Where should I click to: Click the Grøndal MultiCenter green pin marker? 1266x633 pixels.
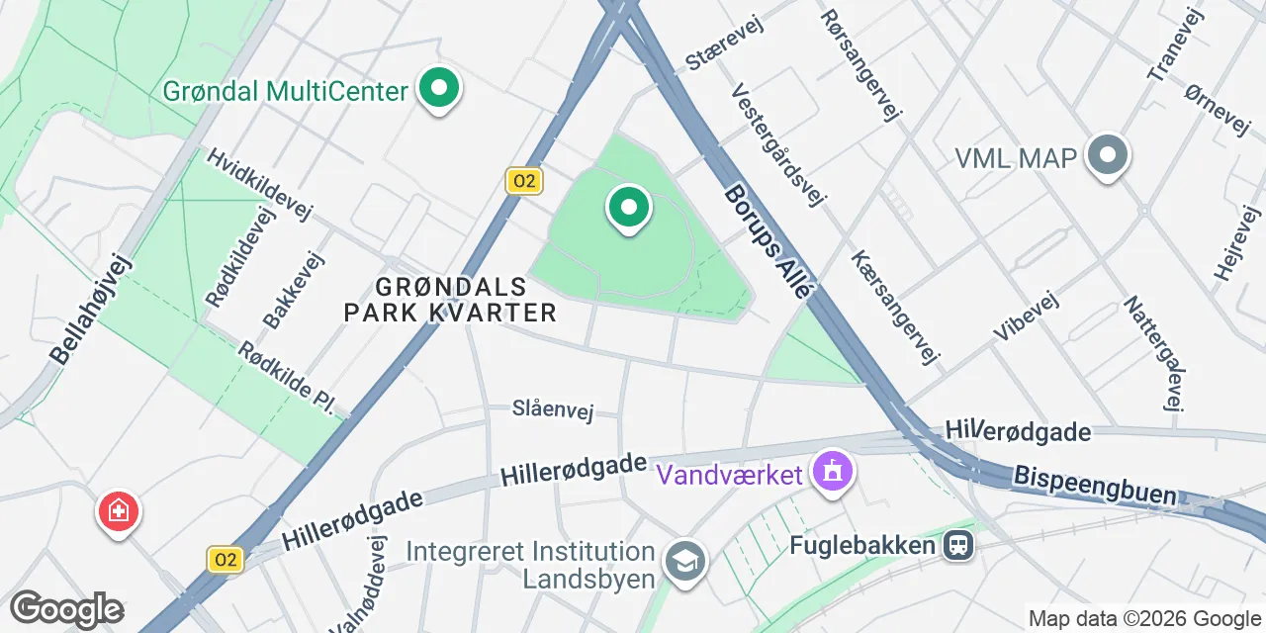tap(437, 89)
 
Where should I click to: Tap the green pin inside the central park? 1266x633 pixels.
tap(627, 208)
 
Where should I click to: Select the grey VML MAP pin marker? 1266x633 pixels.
tap(1108, 156)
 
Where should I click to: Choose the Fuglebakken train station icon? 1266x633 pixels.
tap(957, 544)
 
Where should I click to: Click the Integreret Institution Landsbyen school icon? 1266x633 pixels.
tap(682, 561)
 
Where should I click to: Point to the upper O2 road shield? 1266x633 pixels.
tap(523, 181)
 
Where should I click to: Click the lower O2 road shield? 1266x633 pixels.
tap(226, 560)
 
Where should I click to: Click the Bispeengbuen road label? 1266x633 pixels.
tap(1095, 485)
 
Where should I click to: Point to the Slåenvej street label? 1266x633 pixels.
tap(552, 409)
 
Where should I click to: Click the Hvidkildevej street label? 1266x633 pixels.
tap(259, 185)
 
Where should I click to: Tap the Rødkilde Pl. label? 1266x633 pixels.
tap(288, 378)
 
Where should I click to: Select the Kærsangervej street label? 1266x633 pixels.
tap(896, 307)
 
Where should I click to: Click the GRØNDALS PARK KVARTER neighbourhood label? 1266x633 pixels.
tap(450, 300)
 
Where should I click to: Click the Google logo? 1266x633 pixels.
tap(66, 609)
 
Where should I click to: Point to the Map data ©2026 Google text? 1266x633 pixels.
tap(1145, 619)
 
